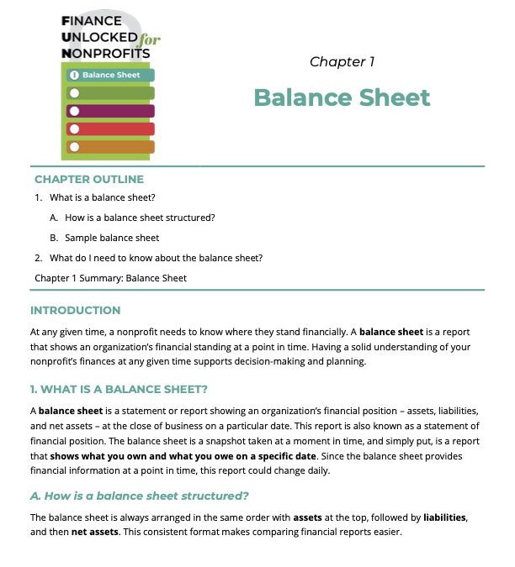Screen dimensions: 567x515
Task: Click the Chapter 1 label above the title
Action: pyautogui.click(x=342, y=62)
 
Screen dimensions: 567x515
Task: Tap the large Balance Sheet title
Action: pyautogui.click(x=342, y=97)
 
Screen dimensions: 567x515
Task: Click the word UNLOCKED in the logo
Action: pyautogui.click(x=100, y=38)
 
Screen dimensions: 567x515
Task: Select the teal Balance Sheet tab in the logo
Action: pyautogui.click(x=110, y=76)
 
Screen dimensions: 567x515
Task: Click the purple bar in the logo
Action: pyautogui.click(x=110, y=111)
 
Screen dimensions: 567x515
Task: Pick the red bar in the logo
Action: pyautogui.click(x=110, y=129)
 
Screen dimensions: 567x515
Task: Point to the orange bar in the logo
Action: pyautogui.click(x=110, y=147)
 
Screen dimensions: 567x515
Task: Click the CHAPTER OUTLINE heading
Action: pyautogui.click(x=89, y=179)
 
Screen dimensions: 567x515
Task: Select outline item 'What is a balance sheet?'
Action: pyautogui.click(x=103, y=198)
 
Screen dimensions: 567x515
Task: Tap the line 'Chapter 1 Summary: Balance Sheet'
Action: pyautogui.click(x=110, y=278)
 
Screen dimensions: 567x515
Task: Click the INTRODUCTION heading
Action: pyautogui.click(x=75, y=311)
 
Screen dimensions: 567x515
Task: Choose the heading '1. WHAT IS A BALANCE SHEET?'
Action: pyautogui.click(x=119, y=389)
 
